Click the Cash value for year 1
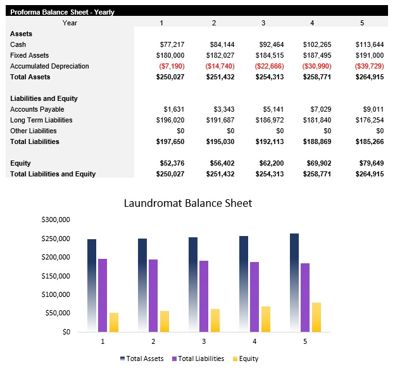tap(172, 44)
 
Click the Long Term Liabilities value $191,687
tap(220, 120)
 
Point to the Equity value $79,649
tap(370, 163)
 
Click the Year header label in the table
tap(70, 23)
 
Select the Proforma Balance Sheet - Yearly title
tap(62, 12)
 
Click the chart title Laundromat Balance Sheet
tap(187, 204)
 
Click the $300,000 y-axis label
tap(56, 220)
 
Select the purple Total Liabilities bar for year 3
tap(204, 296)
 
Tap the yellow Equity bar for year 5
tap(317, 317)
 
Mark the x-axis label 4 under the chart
tap(254, 341)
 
